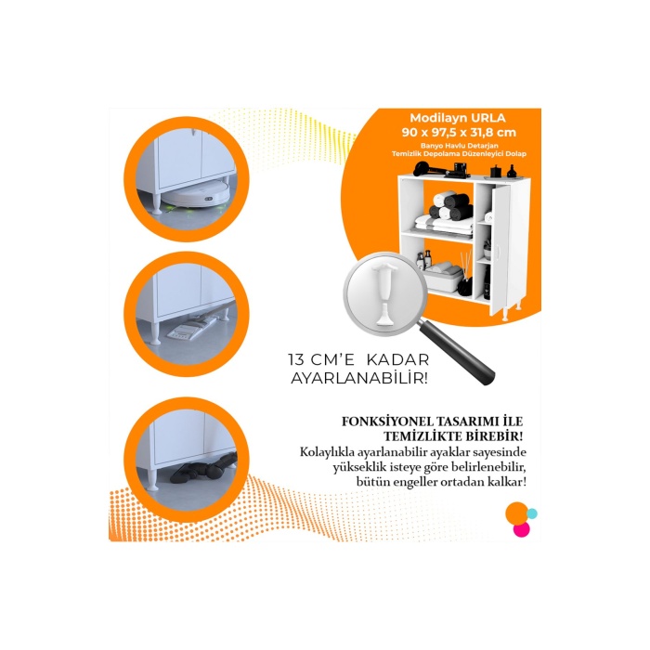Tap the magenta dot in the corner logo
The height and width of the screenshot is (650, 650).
point(521,528)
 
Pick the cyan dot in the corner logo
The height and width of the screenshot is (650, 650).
point(532,513)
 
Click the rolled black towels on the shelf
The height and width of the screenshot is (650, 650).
point(448,205)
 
